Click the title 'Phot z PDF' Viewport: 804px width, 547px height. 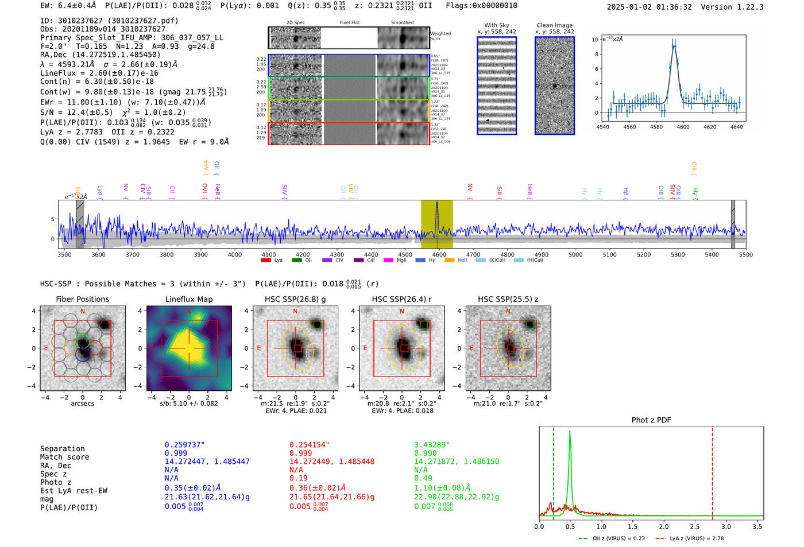point(651,420)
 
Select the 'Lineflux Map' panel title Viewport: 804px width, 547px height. point(188,299)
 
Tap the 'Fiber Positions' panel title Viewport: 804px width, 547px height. point(82,299)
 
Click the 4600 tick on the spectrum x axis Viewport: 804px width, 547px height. point(439,254)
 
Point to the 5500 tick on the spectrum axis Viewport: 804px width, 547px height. point(745,254)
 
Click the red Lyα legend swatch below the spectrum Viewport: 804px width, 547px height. point(266,261)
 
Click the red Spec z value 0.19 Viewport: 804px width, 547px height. point(298,478)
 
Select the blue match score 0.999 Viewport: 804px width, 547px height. point(176,453)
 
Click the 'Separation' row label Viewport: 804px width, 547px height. point(62,449)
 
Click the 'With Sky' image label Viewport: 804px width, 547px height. point(497,25)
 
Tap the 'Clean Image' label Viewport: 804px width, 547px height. point(554,25)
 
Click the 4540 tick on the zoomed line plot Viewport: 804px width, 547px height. point(603,127)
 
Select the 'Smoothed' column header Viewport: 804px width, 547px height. point(402,23)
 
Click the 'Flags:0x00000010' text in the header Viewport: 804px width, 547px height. point(481,6)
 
